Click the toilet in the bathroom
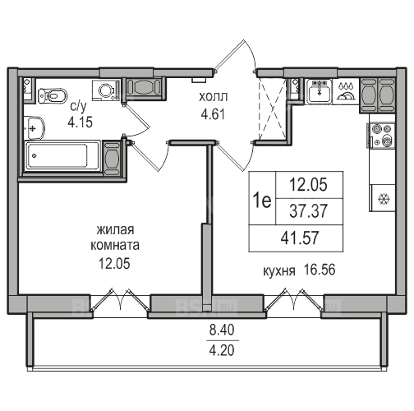coord(53,95)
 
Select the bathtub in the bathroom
coord(62,155)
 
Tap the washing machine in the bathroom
coord(106,90)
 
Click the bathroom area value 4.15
coord(80,122)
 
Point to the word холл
coord(213,97)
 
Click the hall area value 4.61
coord(213,114)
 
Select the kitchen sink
coord(320,91)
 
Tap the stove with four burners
coord(382,136)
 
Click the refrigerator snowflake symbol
coord(384,199)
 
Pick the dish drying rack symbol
coord(345,91)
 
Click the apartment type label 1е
coord(262,201)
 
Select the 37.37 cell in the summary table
coord(308,211)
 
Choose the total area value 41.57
coord(300,238)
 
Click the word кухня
coord(279,271)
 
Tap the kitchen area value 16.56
coord(320,270)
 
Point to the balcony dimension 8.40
coord(222,330)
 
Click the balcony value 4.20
coord(222,350)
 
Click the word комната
coord(115,245)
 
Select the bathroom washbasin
coord(34,128)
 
